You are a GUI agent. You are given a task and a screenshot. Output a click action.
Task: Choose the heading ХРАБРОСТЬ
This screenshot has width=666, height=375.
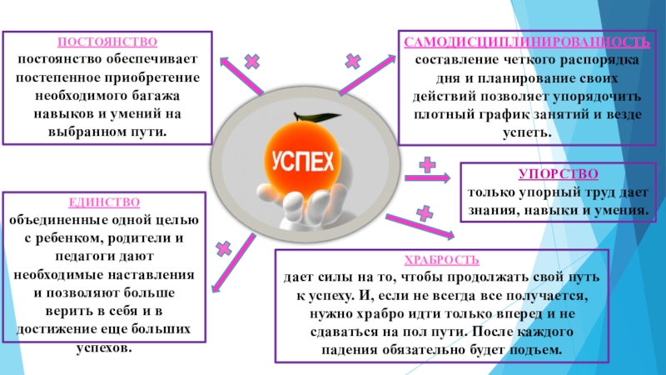437,260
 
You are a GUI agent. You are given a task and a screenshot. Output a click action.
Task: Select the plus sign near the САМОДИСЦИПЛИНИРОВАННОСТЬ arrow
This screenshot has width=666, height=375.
353,61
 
